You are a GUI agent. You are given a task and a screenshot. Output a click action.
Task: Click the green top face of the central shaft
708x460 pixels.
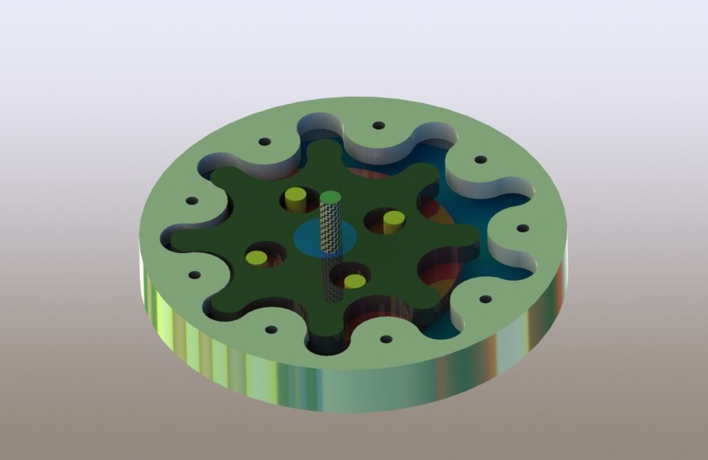331,196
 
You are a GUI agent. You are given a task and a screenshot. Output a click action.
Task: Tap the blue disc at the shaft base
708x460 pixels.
311,238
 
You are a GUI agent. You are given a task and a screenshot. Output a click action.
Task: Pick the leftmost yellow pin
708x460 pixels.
257,257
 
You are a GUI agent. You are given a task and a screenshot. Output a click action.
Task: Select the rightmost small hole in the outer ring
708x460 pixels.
522,228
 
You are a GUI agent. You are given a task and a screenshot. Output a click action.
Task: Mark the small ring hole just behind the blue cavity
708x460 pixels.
479,159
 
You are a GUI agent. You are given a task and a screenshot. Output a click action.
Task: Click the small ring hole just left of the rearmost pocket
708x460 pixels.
265,142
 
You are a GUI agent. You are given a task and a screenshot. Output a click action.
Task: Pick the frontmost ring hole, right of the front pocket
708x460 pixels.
386,339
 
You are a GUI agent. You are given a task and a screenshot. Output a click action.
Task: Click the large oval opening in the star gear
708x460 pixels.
436,266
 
